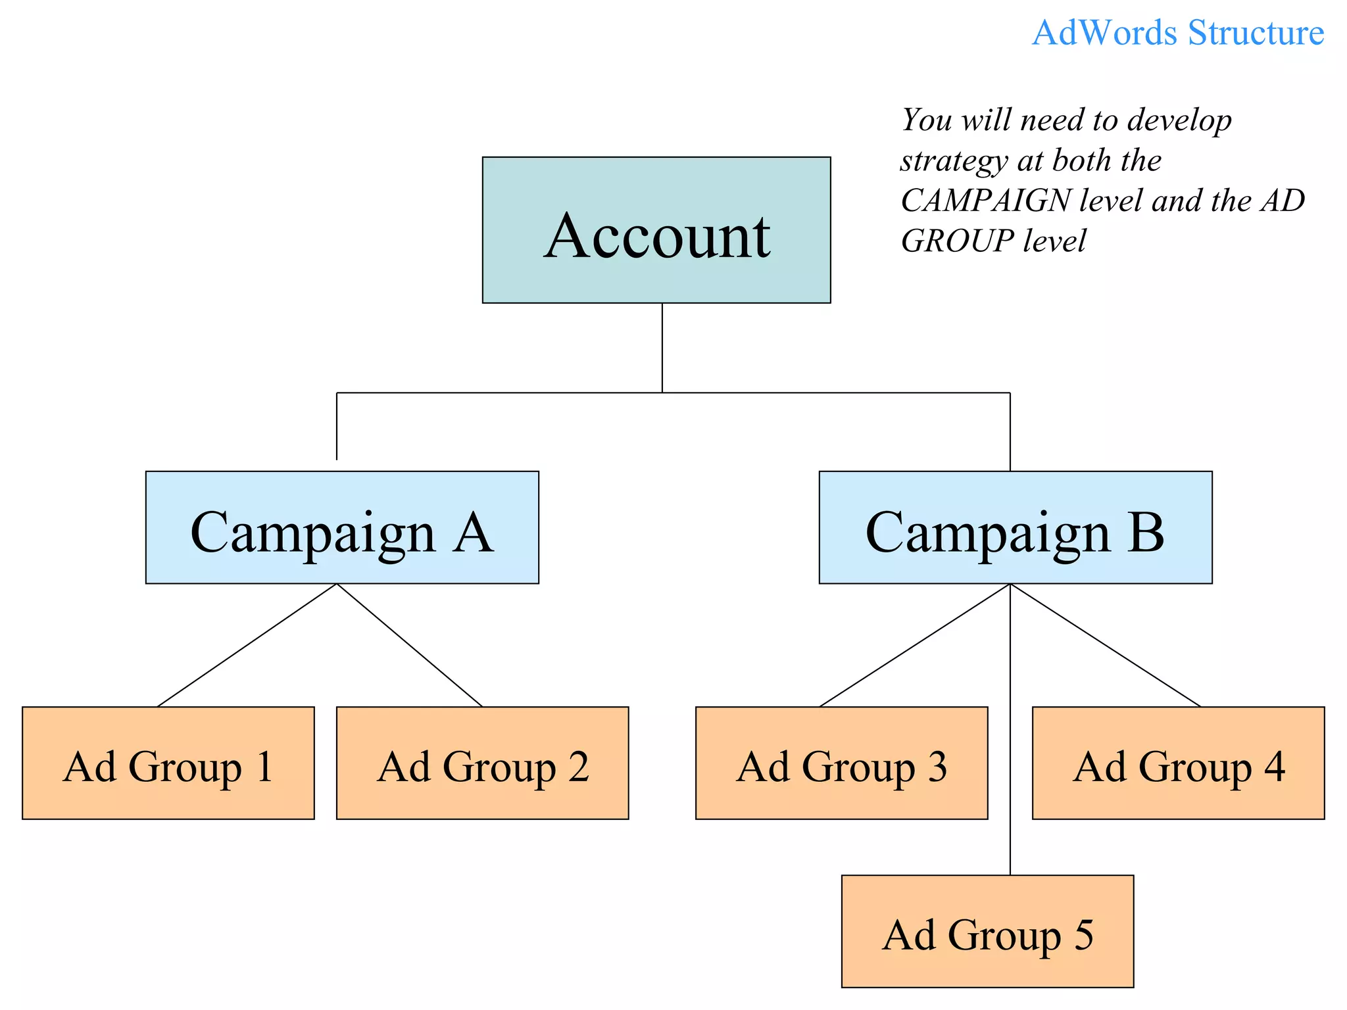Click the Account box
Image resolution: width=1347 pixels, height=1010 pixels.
tap(656, 230)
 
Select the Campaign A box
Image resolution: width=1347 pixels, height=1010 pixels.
tap(342, 527)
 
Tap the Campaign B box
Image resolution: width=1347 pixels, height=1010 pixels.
tap(1015, 527)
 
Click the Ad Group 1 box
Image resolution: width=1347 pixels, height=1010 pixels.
tap(168, 763)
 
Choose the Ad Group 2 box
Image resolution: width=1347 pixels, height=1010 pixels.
tap(482, 763)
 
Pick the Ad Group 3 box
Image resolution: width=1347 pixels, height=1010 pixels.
tap(841, 763)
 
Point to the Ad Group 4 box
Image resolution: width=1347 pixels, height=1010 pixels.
tap(1178, 763)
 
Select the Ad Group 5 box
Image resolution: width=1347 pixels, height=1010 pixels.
tap(987, 931)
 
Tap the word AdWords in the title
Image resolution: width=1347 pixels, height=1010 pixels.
tap(1105, 33)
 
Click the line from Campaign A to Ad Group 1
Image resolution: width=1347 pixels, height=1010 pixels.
tap(247, 645)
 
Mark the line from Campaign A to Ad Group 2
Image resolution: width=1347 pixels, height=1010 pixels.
tap(410, 645)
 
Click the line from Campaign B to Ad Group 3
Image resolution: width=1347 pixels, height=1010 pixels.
tap(915, 645)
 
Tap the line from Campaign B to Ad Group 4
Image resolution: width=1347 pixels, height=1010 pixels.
tap(1105, 645)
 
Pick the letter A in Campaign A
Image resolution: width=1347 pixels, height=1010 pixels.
tap(473, 533)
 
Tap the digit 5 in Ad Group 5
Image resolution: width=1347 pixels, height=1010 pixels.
tap(1083, 935)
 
